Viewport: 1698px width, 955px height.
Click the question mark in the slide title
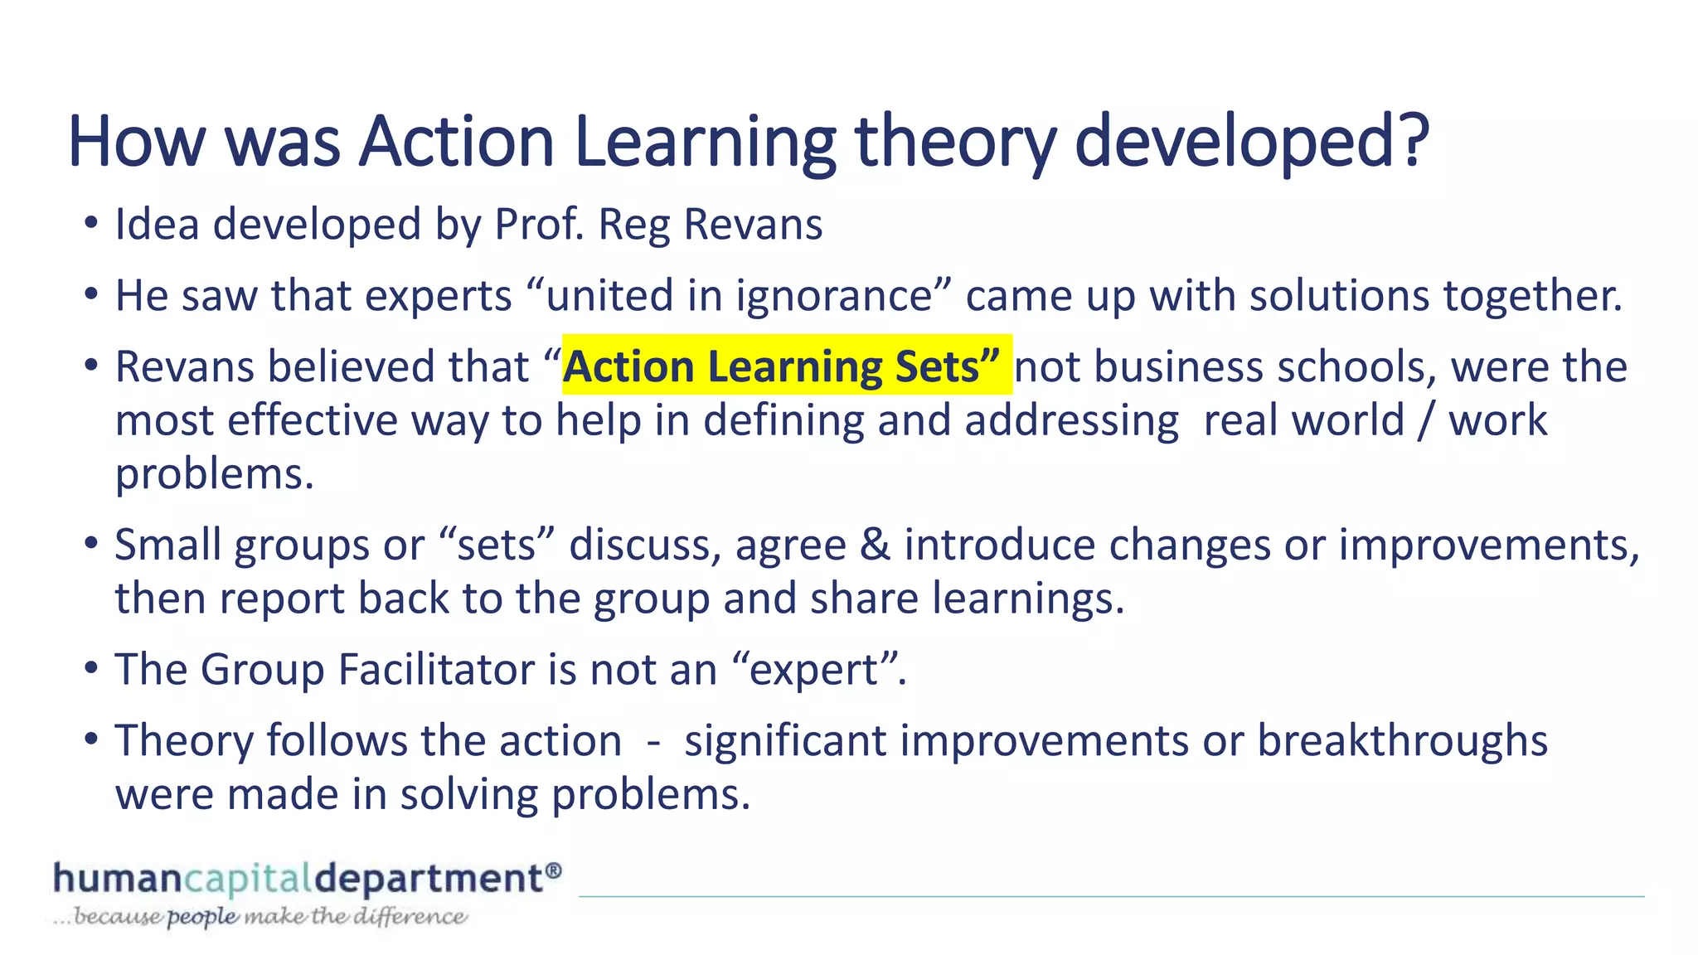pos(1410,141)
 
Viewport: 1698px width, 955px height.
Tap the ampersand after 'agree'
pos(875,545)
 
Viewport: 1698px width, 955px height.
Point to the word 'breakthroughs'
pos(1402,740)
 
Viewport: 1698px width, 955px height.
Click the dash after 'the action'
pos(653,741)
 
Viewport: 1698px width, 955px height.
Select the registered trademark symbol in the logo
pos(554,870)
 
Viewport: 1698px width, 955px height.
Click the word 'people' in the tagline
pos(202,918)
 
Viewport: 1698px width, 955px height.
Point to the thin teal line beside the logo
pos(1111,896)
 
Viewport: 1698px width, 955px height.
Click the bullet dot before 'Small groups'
pos(92,545)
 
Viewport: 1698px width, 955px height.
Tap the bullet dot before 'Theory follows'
pos(92,740)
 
